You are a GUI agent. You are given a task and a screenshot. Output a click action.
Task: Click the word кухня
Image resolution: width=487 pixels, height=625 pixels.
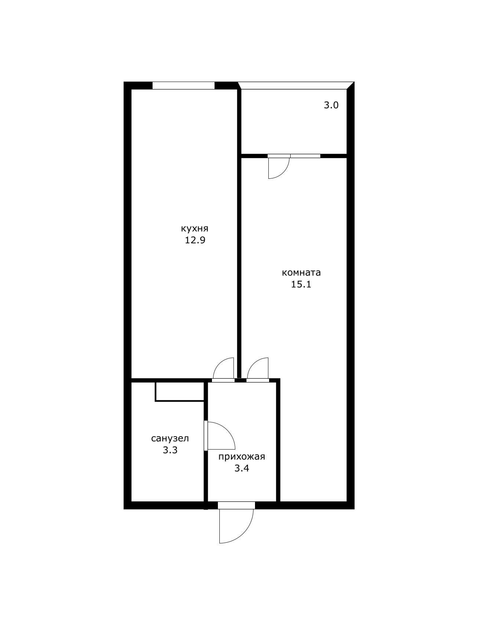pyautogui.click(x=195, y=228)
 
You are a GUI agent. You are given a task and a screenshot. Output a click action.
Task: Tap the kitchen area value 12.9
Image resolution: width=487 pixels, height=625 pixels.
pyautogui.click(x=195, y=240)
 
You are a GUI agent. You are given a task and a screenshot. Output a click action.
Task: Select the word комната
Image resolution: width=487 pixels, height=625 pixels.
pyautogui.click(x=301, y=273)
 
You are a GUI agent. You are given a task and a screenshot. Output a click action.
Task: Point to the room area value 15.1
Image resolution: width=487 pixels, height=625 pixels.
pyautogui.click(x=301, y=284)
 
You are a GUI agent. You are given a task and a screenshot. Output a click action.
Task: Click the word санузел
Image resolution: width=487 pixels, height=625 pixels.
pyautogui.click(x=170, y=438)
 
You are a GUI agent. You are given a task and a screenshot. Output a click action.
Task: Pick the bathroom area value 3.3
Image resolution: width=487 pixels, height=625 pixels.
pyautogui.click(x=170, y=450)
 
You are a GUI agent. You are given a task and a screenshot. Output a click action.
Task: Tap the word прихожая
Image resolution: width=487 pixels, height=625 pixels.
pyautogui.click(x=241, y=457)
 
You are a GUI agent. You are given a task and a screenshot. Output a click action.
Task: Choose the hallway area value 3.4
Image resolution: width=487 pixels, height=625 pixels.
pyautogui.click(x=241, y=468)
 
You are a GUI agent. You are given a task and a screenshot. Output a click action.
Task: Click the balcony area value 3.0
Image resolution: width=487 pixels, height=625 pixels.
pyautogui.click(x=331, y=105)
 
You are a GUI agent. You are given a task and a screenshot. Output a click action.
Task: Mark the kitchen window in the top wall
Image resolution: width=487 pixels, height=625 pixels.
pyautogui.click(x=183, y=86)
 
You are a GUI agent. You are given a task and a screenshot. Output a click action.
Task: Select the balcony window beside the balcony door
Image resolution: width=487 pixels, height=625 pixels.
pyautogui.click(x=305, y=156)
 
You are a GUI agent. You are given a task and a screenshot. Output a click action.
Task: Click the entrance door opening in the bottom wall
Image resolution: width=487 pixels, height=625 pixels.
pyautogui.click(x=236, y=505)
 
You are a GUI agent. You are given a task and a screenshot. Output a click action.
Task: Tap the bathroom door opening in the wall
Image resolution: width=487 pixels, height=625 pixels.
pyautogui.click(x=206, y=436)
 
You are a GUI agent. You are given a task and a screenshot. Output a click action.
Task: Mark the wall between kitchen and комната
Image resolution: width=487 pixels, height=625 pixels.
pyautogui.click(x=239, y=260)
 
